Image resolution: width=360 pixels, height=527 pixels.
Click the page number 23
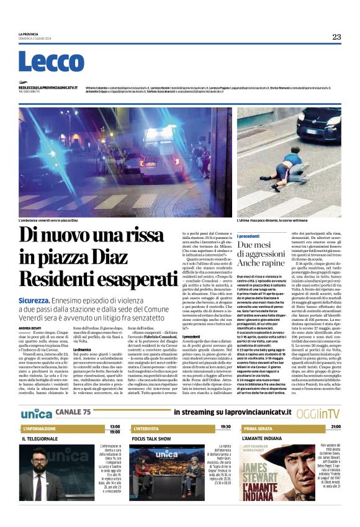point(336,37)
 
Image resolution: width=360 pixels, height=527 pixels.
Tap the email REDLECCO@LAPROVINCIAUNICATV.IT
point(48,88)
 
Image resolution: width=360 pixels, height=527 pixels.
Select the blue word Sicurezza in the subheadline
point(32,300)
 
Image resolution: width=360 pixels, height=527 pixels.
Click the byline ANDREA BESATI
point(30,328)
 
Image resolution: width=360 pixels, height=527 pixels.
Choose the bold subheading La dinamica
point(83,350)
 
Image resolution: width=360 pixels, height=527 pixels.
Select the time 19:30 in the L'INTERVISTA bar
point(225,427)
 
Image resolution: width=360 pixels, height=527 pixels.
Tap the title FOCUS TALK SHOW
point(151,439)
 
